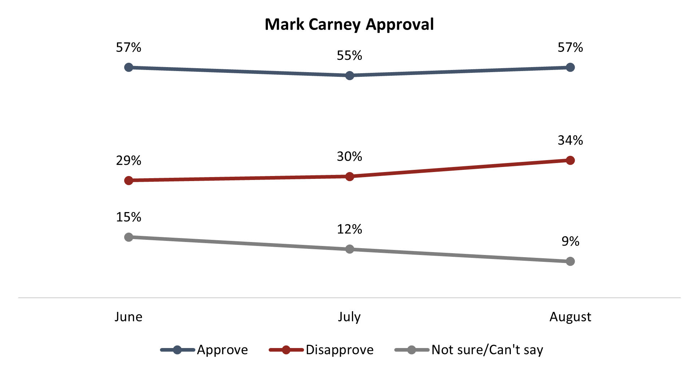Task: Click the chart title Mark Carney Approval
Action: (349, 25)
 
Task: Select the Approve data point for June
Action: (129, 67)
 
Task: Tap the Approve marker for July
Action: (349, 75)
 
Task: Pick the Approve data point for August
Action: (570, 67)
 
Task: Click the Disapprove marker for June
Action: (129, 180)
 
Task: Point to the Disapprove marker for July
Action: (349, 176)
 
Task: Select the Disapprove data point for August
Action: (570, 160)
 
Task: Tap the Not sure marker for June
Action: (129, 237)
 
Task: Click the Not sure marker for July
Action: (349, 249)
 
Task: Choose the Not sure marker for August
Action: (570, 261)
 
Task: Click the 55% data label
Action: (349, 56)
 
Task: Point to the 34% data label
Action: (570, 140)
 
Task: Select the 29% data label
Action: (129, 160)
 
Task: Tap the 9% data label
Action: (570, 241)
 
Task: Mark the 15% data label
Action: (129, 217)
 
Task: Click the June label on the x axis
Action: (129, 317)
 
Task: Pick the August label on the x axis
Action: (570, 317)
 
